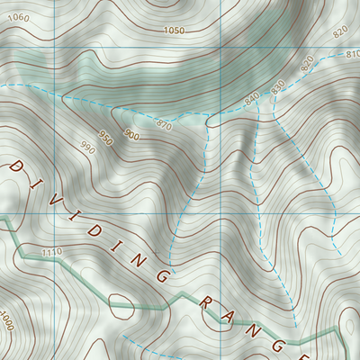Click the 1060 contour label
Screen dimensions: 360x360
tap(18, 18)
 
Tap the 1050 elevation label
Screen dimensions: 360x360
tap(175, 31)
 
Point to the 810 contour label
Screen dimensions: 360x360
tap(352, 55)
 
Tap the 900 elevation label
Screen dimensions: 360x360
tap(132, 135)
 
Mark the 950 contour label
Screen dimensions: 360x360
tap(106, 139)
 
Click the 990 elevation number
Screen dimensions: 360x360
tap(87, 147)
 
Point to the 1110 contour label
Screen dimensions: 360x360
tap(50, 254)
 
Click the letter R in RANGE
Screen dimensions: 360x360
tap(205, 303)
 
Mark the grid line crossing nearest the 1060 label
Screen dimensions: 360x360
tap(54, 47)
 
